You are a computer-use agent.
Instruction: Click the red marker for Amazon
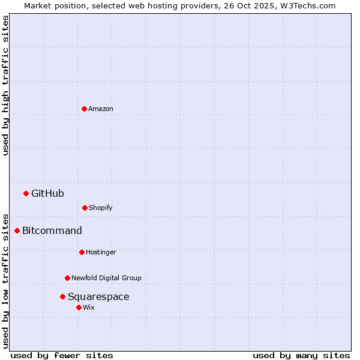click(x=84, y=109)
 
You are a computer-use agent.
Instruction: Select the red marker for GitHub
click(x=26, y=193)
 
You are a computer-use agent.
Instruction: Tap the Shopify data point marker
click(x=85, y=208)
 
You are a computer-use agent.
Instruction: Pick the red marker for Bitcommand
click(x=17, y=230)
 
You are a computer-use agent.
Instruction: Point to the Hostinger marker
click(x=82, y=252)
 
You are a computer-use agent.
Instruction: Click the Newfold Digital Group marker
click(x=67, y=278)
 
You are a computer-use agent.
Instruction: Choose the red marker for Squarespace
click(x=62, y=296)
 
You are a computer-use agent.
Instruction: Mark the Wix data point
click(x=79, y=307)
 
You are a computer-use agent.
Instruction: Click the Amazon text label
click(x=101, y=109)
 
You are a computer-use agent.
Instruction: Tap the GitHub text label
click(x=47, y=193)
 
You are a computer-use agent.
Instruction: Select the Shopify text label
click(x=101, y=208)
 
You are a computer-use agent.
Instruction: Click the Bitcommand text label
click(x=52, y=230)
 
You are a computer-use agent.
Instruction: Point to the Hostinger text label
click(x=101, y=252)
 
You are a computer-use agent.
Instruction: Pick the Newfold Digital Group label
click(x=106, y=278)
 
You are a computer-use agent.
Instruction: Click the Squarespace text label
click(x=98, y=296)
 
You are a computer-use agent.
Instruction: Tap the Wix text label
click(x=89, y=307)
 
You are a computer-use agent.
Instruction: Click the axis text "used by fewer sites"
click(x=62, y=355)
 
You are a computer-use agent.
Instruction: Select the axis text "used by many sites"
click(x=301, y=355)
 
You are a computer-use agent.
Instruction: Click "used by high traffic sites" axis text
click(x=6, y=85)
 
